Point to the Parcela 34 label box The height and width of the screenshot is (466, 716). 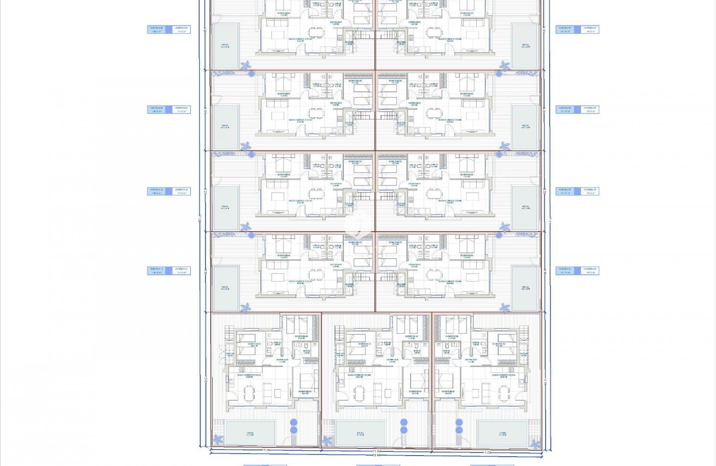(566, 271)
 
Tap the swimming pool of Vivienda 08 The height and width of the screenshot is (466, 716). (226, 46)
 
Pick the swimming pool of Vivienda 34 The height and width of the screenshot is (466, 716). (525, 288)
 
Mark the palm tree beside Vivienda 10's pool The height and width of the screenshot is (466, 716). (246, 226)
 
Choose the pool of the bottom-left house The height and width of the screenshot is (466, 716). (250, 433)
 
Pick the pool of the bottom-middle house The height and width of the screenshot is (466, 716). (360, 433)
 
